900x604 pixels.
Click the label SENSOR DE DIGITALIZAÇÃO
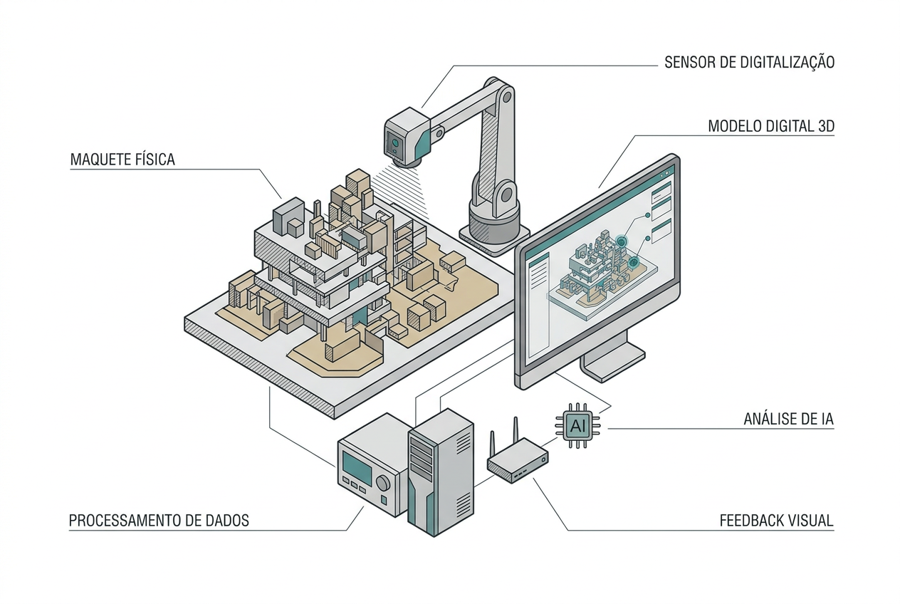point(749,63)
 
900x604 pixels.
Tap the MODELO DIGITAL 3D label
point(771,126)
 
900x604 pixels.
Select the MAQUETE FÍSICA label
point(122,160)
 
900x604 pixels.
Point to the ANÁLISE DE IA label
point(788,419)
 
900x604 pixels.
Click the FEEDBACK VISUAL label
point(776,521)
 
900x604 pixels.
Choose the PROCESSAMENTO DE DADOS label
point(159,521)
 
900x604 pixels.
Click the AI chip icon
point(577,425)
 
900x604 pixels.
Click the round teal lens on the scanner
point(395,142)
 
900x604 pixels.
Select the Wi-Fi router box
point(518,461)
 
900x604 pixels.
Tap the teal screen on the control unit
point(357,467)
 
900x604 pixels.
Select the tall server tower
point(441,472)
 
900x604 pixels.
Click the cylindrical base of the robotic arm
point(494,227)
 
